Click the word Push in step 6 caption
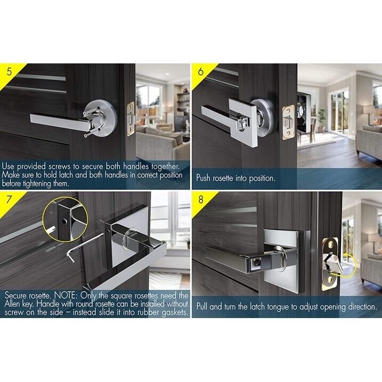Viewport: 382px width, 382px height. coord(206,178)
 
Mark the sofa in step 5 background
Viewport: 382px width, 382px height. coord(165,144)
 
